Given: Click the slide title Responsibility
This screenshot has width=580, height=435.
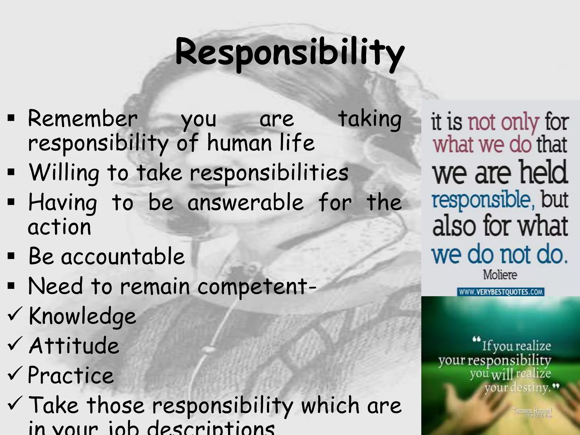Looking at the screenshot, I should point(289,53).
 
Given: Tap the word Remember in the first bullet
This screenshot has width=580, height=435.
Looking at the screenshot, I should point(83,119).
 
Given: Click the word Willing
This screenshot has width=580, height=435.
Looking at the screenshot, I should point(64,173).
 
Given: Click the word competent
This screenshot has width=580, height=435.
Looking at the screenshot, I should point(253,287).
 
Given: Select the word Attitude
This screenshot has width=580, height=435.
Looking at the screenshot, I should point(74,346).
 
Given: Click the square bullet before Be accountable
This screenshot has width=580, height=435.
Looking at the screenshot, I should point(11,256).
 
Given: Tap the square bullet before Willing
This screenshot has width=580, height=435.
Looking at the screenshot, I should point(11,172).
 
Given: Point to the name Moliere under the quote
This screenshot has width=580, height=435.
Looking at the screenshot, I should point(500,274).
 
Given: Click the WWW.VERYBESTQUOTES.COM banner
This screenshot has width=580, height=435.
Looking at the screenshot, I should point(500,292).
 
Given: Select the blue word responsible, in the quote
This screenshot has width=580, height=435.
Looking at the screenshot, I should point(483,200).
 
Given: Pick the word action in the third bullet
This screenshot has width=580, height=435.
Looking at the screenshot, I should point(59,227).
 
